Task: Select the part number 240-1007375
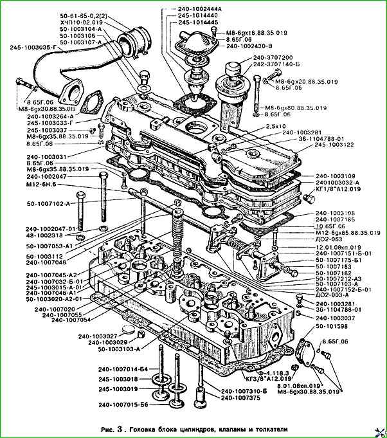click(x=240, y=397)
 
